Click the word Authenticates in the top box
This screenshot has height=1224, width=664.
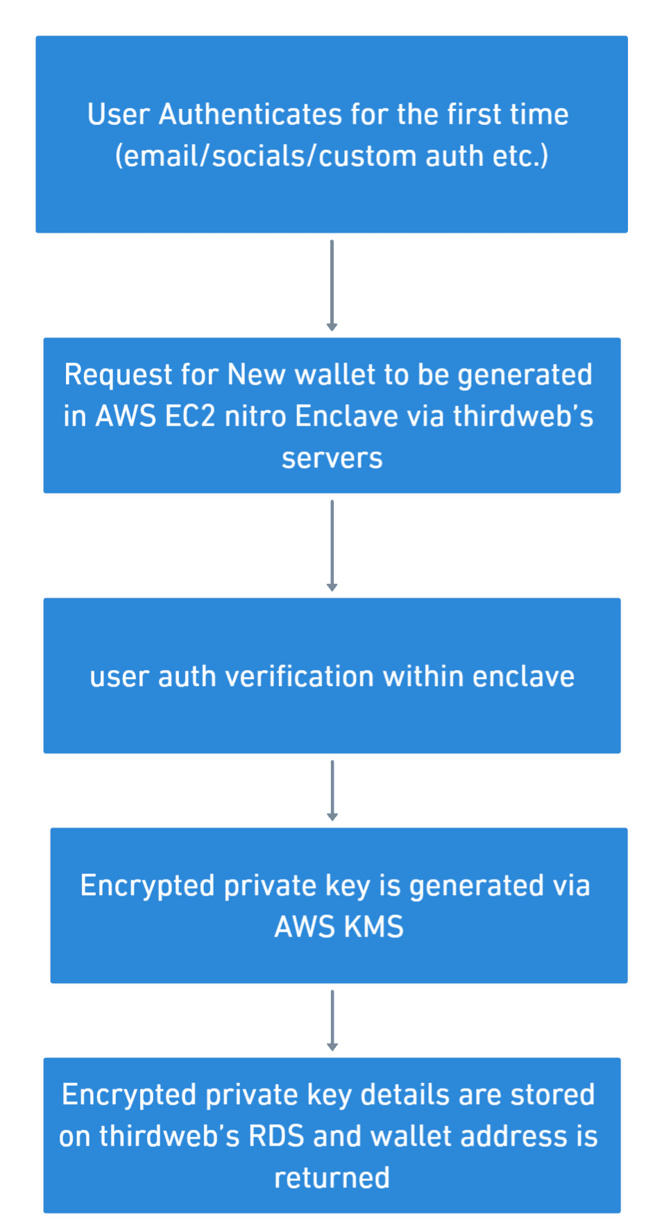[250, 115]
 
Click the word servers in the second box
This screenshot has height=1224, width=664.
[332, 458]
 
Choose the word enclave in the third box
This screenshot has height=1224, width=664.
[523, 677]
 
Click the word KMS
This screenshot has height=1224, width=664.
[373, 928]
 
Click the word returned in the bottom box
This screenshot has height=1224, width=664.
[332, 1178]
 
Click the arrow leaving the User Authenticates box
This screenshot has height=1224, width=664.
[332, 285]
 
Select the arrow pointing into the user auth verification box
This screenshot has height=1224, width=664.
[332, 545]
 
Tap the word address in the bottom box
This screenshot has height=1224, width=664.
[517, 1137]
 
